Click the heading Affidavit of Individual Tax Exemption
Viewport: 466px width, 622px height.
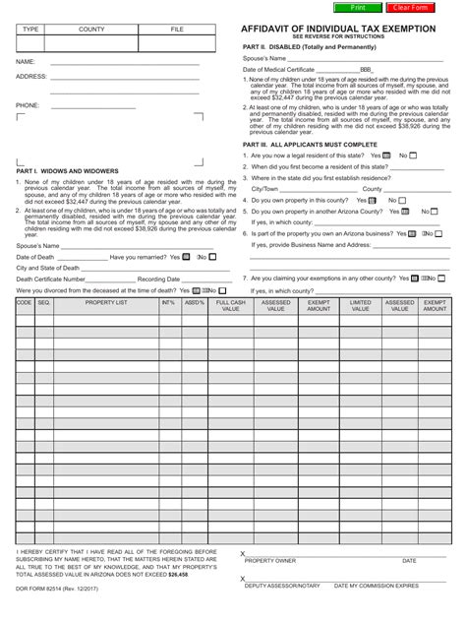click(339, 30)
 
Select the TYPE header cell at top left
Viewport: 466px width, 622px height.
click(30, 31)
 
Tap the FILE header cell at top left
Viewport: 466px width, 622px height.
click(177, 31)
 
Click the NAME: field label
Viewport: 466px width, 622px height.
click(27, 61)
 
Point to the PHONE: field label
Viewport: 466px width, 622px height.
click(29, 103)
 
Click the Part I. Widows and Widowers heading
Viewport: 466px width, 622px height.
click(67, 170)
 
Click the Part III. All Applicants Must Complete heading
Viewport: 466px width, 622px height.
click(310, 144)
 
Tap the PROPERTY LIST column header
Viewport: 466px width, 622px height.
click(105, 303)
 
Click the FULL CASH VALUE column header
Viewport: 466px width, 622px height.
click(231, 306)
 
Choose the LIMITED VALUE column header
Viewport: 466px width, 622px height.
click(361, 306)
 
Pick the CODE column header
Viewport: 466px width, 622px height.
click(25, 303)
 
